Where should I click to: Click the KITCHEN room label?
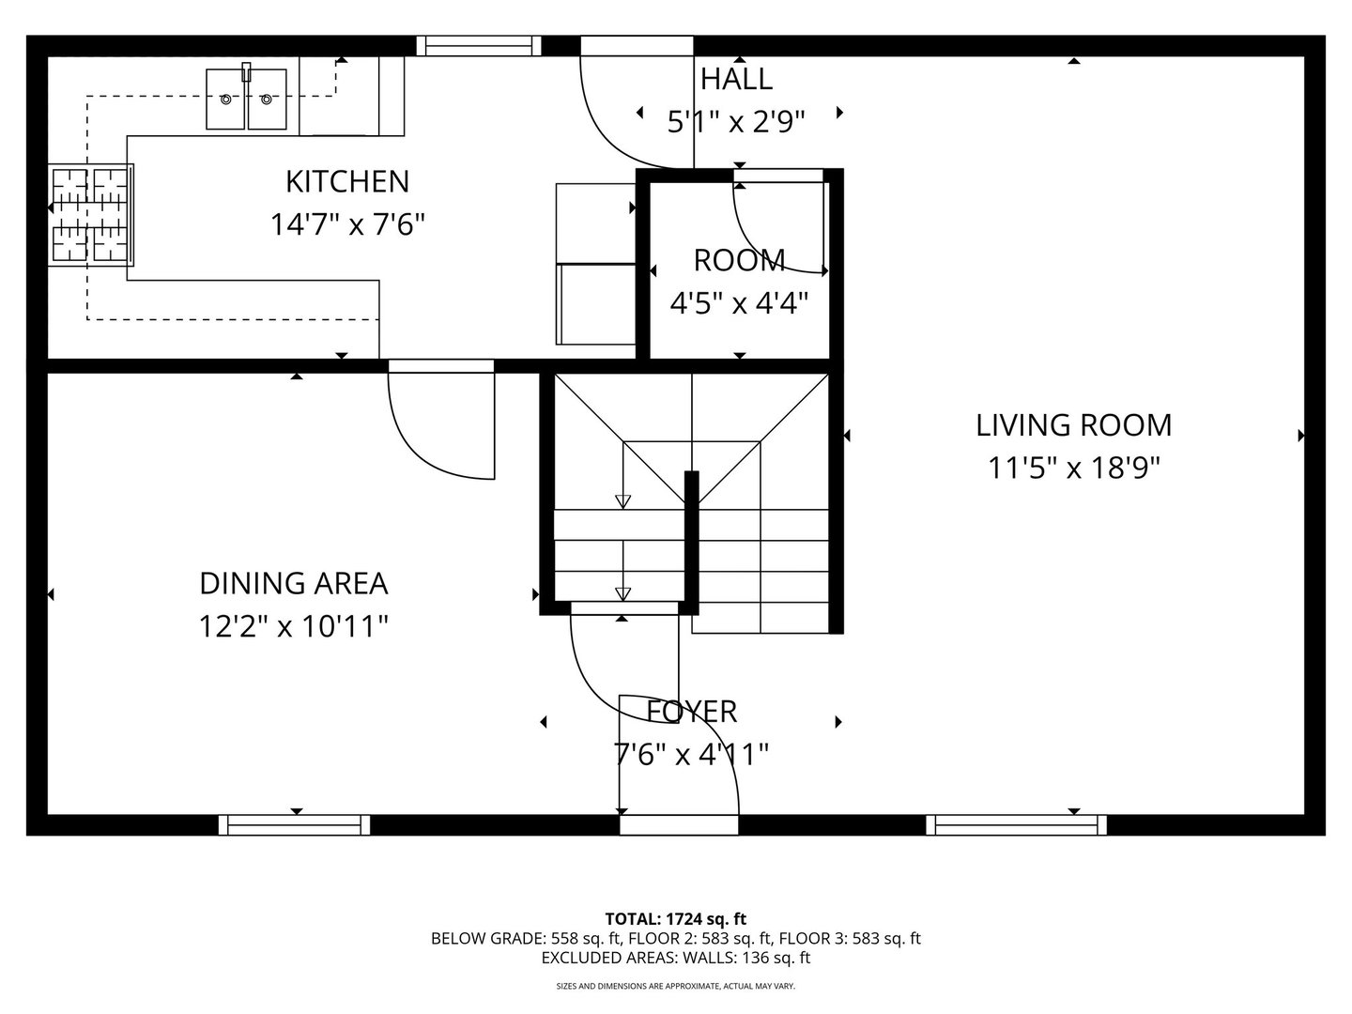346,180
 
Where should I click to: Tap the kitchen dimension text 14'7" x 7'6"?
347,225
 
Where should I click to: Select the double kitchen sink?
246,99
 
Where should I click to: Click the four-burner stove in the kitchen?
91,215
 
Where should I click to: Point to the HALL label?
736,79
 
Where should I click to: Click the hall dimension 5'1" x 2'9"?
736,122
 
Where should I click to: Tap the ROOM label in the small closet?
739,259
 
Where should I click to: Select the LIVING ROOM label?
1073,425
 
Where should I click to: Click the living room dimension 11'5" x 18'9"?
1073,468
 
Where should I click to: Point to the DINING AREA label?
293,583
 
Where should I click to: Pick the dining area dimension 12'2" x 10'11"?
293,626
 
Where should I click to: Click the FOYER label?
692,712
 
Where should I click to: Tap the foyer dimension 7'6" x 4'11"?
692,754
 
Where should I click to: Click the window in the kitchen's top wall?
479,45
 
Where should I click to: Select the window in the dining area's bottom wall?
294,825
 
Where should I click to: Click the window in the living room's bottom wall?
1016,825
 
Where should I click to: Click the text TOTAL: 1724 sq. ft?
675,918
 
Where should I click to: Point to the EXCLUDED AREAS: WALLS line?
675,959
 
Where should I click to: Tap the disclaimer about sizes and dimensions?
675,987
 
